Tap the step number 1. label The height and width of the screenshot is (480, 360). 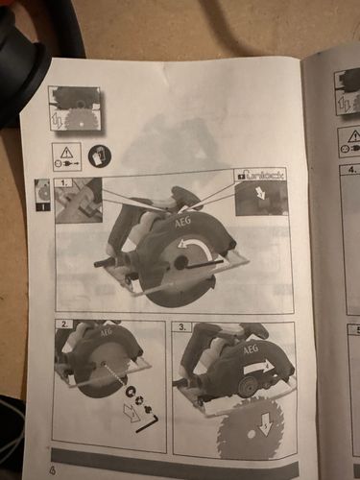64,181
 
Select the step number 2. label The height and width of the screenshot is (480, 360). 63,324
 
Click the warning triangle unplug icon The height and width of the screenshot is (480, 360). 66,156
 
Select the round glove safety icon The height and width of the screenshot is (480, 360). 98,155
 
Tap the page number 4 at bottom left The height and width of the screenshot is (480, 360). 52,469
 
